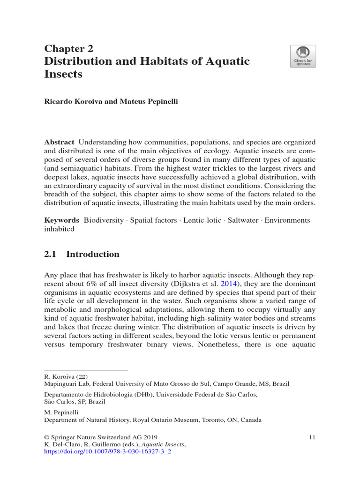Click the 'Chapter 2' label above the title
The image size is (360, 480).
click(x=68, y=49)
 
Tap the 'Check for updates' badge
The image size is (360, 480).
click(x=302, y=56)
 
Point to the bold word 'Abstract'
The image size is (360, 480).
click(x=59, y=142)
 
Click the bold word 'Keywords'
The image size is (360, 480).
click(x=61, y=220)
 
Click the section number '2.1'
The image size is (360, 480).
click(x=50, y=255)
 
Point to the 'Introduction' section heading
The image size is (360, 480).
click(x=93, y=255)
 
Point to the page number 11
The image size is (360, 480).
click(x=312, y=437)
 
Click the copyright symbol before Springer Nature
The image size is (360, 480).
click(x=46, y=437)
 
